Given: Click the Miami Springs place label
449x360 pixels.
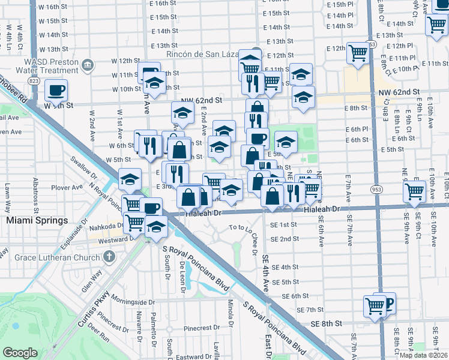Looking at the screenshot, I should pyautogui.click(x=37, y=221).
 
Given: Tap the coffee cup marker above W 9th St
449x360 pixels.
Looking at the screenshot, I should pyautogui.click(x=56, y=91).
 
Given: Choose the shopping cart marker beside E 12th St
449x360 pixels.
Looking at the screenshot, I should pyautogui.click(x=358, y=52).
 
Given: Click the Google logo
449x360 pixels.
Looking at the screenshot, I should pyautogui.click(x=20, y=353).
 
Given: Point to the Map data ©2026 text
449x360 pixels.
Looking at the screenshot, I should pyautogui.click(x=423, y=355).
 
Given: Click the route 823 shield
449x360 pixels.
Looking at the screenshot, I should pyautogui.click(x=34, y=80).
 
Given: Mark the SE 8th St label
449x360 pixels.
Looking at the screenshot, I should pyautogui.click(x=327, y=323).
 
